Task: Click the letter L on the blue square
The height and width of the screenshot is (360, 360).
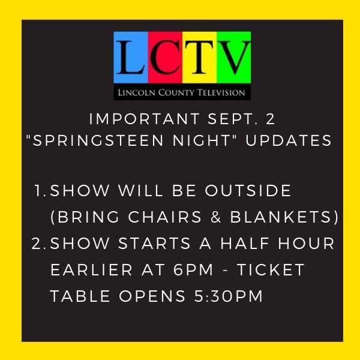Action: (131, 58)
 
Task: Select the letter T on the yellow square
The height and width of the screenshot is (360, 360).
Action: (199, 58)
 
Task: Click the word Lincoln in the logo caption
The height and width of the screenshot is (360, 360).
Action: (137, 92)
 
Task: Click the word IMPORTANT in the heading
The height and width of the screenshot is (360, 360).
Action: (144, 119)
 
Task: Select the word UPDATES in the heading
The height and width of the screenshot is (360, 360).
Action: (289, 140)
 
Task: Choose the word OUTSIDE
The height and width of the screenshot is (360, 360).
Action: (248, 190)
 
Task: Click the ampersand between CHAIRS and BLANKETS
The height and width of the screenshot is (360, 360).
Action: (215, 217)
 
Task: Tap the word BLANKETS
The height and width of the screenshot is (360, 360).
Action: (281, 217)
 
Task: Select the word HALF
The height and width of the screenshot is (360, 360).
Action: (245, 243)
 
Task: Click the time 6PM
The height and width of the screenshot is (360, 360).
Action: (193, 269)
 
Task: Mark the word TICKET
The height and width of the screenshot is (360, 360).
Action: (271, 269)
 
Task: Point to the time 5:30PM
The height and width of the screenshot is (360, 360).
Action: (229, 296)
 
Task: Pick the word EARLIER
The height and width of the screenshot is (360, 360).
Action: (91, 269)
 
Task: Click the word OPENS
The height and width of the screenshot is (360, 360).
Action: (152, 296)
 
